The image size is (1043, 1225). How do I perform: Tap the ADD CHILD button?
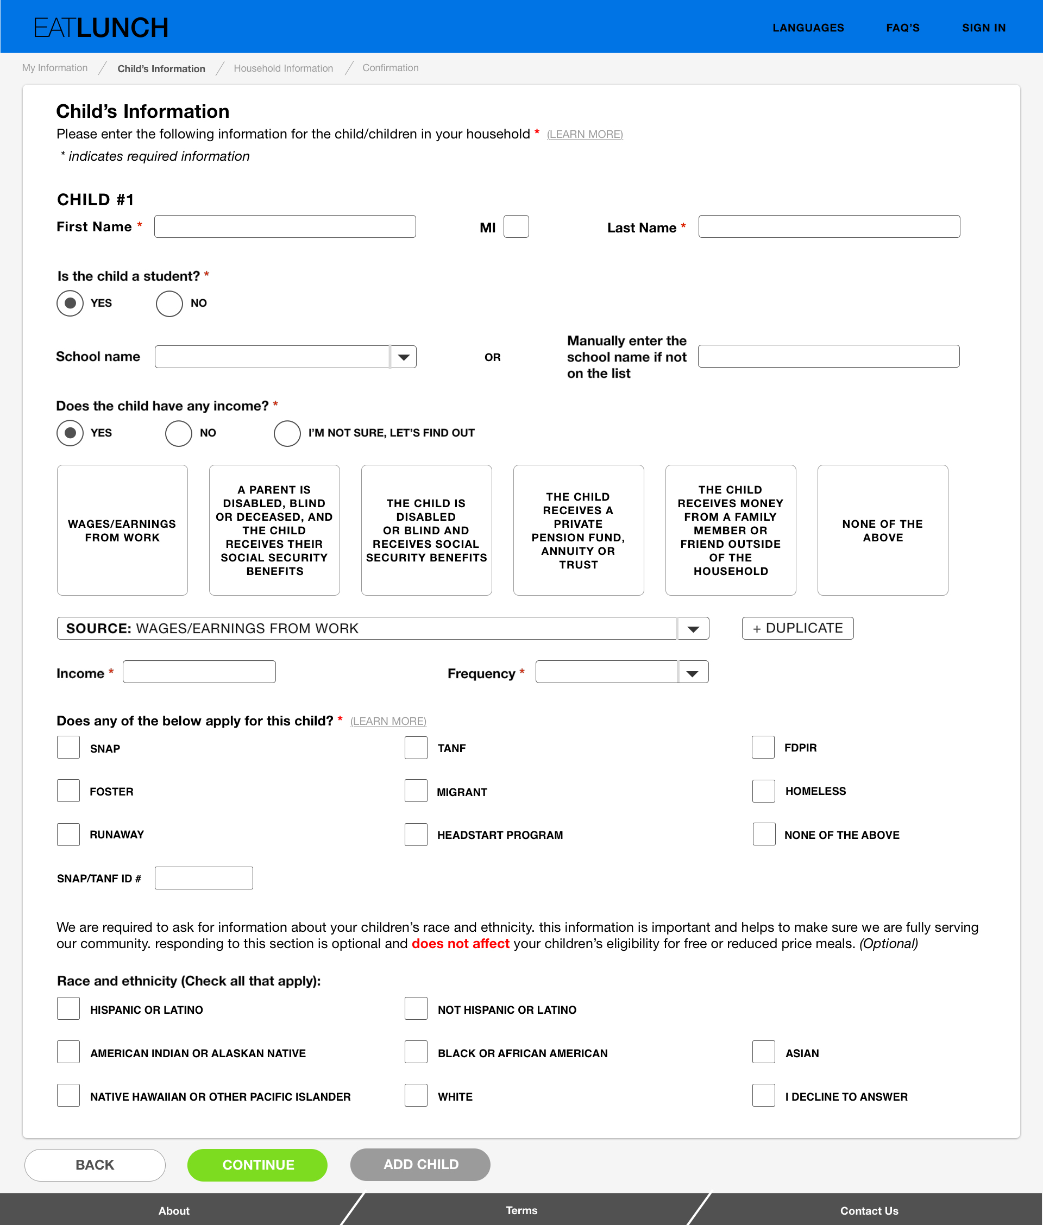(x=420, y=1164)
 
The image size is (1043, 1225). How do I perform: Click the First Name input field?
(x=285, y=226)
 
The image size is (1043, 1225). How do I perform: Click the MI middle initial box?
(x=516, y=226)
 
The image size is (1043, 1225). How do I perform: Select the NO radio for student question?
(x=169, y=303)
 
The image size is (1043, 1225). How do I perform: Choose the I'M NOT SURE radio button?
(x=287, y=433)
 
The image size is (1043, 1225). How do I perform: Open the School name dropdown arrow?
(x=404, y=357)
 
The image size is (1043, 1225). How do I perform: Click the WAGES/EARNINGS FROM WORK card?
(x=122, y=530)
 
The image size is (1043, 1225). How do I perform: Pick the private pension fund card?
(x=578, y=530)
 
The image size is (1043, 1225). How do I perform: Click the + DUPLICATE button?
(x=797, y=628)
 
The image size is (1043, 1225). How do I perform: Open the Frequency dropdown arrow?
(x=693, y=672)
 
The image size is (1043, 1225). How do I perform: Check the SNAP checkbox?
(x=68, y=748)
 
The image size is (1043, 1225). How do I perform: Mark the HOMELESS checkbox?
(x=763, y=791)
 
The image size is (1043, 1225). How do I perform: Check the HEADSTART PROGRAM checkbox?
(x=416, y=835)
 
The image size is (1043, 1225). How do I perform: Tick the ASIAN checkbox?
(x=763, y=1052)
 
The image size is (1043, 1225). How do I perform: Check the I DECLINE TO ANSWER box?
(x=763, y=1096)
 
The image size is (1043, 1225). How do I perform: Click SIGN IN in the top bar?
(x=983, y=28)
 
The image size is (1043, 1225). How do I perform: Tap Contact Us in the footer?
(x=869, y=1210)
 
